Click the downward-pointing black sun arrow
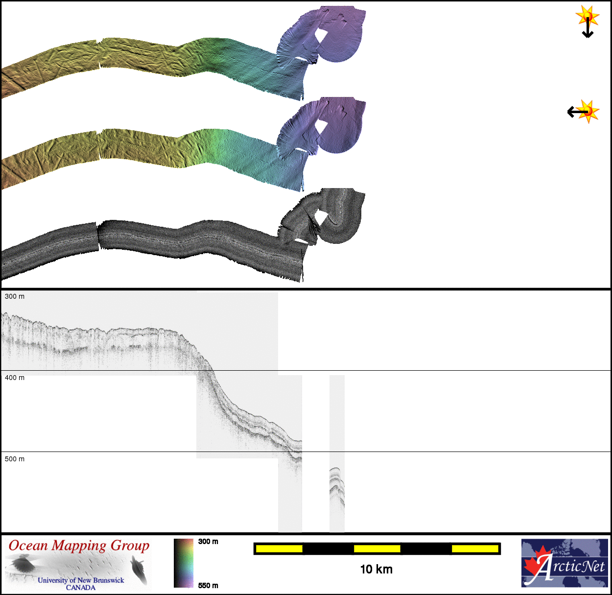[588, 28]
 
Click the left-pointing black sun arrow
[577, 112]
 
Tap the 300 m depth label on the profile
[15, 297]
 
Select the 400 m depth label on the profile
[15, 378]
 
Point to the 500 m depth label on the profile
[15, 459]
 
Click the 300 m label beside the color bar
[208, 542]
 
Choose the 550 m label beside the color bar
[208, 586]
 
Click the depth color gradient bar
[183, 563]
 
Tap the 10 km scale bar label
[377, 570]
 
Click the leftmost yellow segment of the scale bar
[279, 549]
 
